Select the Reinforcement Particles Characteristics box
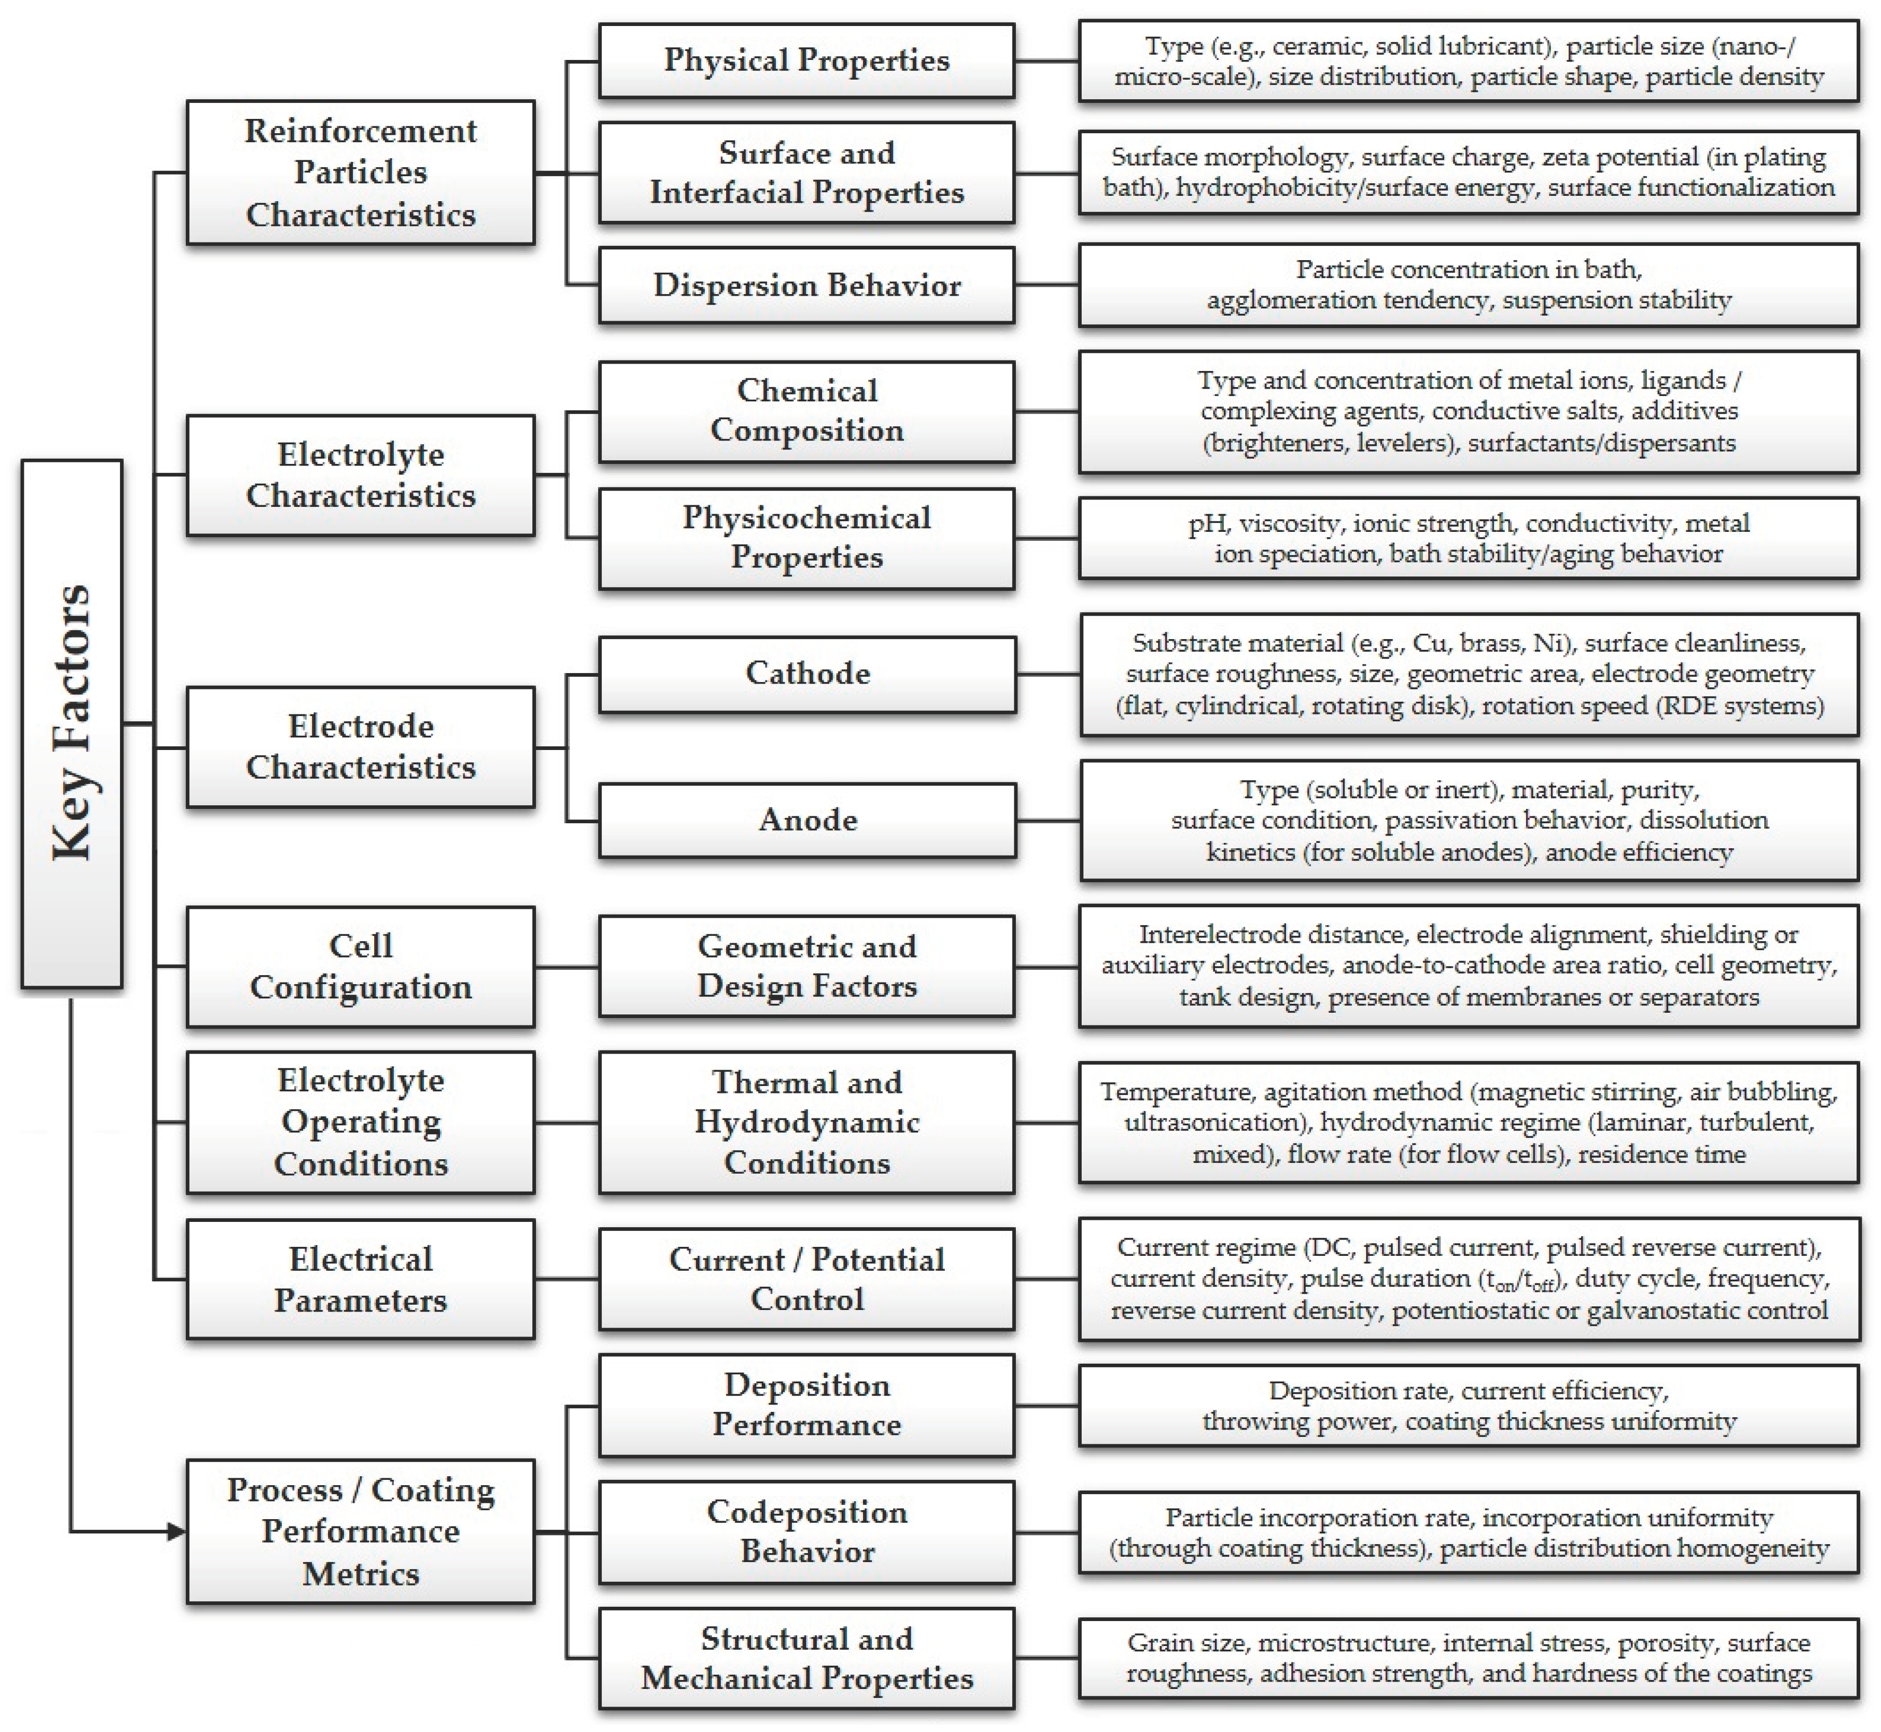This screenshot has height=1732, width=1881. (361, 173)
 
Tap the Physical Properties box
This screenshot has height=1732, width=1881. (807, 61)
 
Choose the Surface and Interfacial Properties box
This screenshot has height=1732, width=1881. (807, 173)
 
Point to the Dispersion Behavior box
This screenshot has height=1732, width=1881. (807, 285)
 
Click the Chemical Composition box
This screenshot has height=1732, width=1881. (807, 411)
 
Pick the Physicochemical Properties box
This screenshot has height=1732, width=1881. (807, 538)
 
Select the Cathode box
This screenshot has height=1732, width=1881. (807, 674)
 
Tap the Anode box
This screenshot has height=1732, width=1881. (807, 821)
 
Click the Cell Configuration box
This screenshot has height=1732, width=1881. (361, 966)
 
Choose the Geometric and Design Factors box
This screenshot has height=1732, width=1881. (807, 966)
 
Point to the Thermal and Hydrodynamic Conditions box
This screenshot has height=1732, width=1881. (807, 1122)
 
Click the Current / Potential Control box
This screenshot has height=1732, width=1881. (807, 1279)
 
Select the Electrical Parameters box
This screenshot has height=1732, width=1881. (361, 1279)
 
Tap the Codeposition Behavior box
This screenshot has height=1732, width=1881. (807, 1532)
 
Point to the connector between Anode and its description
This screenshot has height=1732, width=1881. (1048, 821)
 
